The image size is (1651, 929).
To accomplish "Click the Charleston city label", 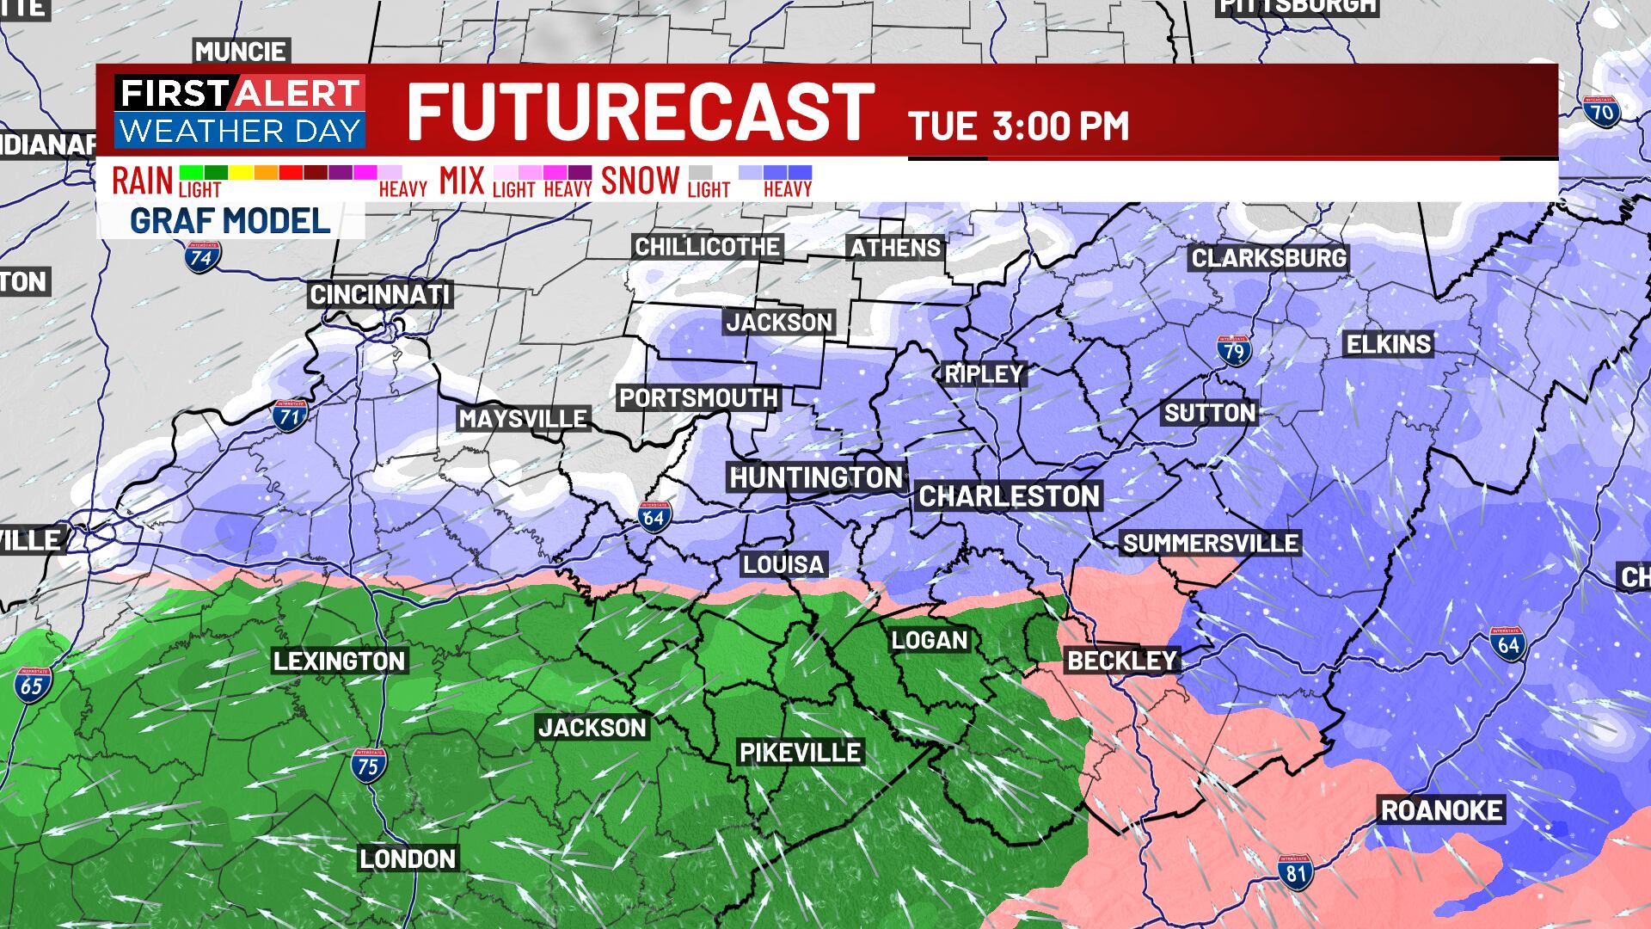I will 1009,496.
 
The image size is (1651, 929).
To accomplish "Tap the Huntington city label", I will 816,477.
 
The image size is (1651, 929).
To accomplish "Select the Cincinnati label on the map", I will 380,295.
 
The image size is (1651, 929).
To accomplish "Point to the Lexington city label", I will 340,661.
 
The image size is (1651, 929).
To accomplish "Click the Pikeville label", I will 801,753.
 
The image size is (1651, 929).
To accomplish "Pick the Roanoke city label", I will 1442,810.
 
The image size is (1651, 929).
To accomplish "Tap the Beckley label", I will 1122,660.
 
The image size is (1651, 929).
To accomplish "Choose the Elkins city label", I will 1389,345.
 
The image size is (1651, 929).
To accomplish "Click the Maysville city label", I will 523,419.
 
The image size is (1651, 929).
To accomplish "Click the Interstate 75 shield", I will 368,764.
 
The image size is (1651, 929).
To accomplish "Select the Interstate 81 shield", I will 1295,872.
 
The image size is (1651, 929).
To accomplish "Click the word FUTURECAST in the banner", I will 640,112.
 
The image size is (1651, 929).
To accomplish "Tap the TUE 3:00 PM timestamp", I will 1019,126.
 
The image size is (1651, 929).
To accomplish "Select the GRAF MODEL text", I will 230,221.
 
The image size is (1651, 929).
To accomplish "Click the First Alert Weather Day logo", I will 240,112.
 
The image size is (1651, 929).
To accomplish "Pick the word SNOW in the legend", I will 641,181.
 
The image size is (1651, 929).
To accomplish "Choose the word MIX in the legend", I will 463,181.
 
